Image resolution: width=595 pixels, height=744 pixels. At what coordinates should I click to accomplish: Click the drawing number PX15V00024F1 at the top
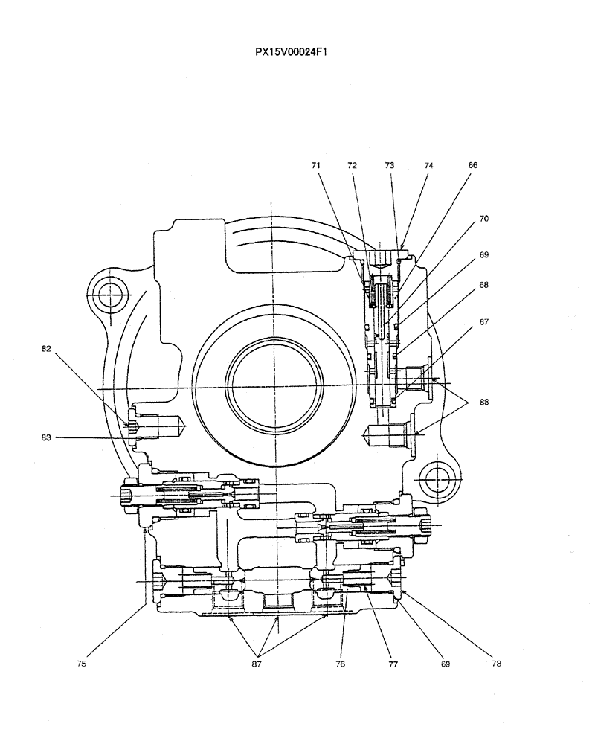coord(292,52)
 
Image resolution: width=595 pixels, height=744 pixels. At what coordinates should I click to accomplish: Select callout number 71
coord(317,167)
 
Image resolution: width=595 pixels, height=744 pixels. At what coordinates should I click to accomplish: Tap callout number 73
coord(390,167)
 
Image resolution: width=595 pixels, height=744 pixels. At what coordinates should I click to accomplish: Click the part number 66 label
coord(472,167)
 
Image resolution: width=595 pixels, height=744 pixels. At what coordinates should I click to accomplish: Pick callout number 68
coord(483,286)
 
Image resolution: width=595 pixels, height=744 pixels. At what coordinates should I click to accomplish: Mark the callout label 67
coord(483,322)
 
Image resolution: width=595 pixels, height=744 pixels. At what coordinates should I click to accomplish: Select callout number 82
coord(46,348)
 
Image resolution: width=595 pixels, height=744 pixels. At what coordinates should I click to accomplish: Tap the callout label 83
coord(46,438)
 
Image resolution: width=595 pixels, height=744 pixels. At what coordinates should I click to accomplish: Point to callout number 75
coord(82,664)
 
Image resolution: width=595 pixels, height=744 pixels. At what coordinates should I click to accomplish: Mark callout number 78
coord(497,664)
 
